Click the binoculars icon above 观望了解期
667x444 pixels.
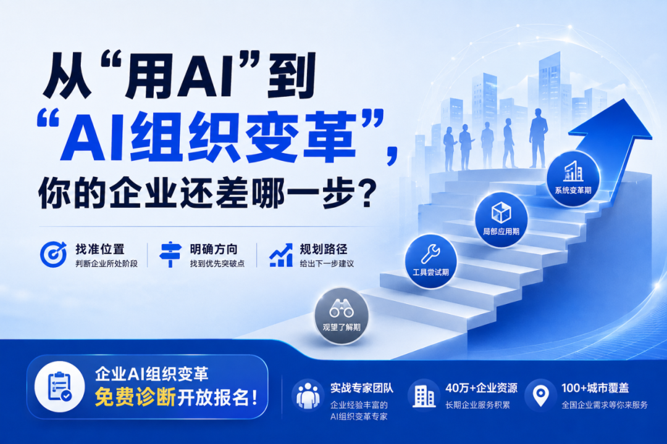[341, 308]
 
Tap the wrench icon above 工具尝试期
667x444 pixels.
[430, 254]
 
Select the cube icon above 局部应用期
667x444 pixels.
[501, 212]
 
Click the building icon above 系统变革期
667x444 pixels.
[573, 171]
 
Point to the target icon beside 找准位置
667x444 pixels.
[53, 254]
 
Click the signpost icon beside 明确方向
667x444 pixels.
[170, 254]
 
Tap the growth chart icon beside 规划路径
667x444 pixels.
[281, 255]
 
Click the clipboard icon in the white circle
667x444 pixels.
[59, 386]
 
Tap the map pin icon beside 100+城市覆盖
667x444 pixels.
[540, 395]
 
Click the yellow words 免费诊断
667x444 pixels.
[135, 398]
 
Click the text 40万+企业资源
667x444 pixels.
[481, 387]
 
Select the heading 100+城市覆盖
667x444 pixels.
[595, 387]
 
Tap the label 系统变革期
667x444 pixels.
[573, 190]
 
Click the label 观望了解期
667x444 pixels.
[341, 327]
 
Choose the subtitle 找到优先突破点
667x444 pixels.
[217, 263]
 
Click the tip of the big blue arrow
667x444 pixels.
[624, 99]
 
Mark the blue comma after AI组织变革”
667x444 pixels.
[392, 154]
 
